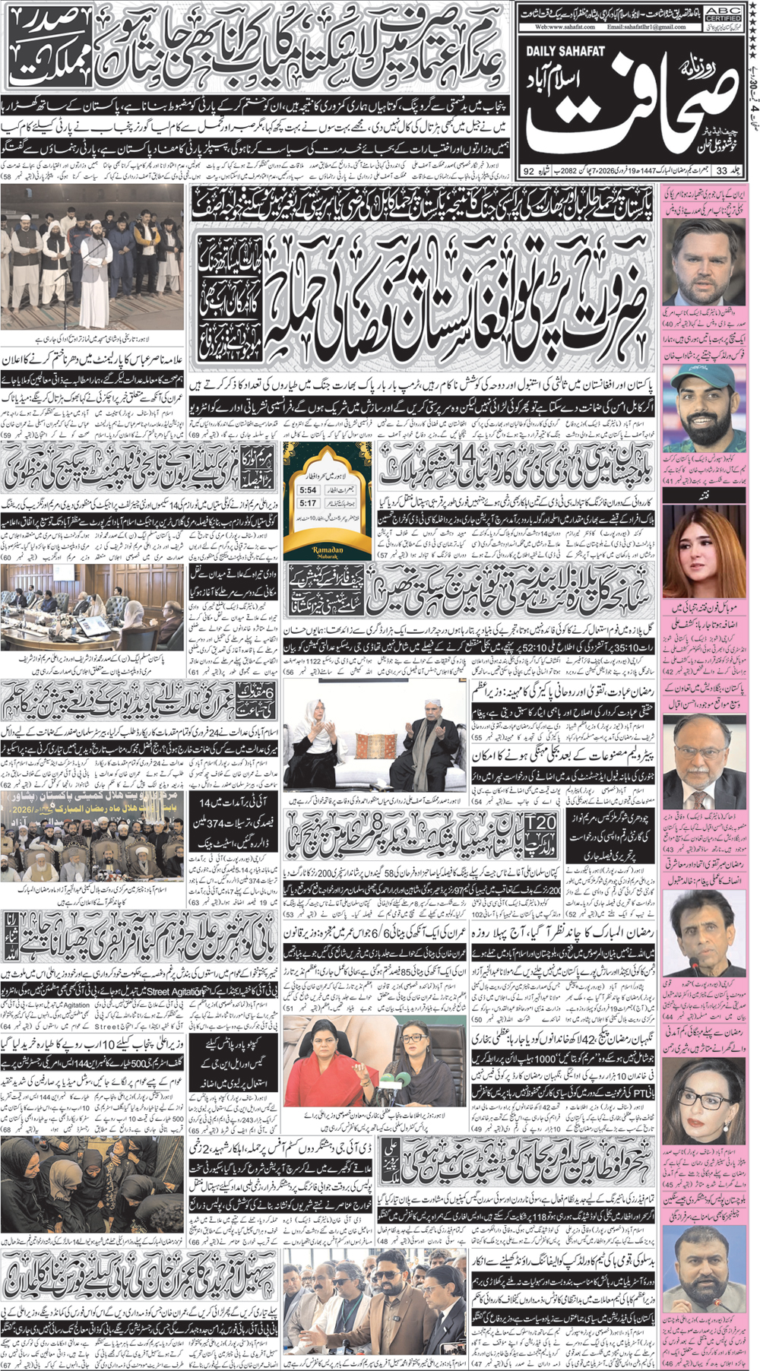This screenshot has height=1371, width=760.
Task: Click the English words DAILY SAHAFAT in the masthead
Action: [565, 51]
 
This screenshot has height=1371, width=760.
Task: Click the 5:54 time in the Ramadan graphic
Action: [308, 490]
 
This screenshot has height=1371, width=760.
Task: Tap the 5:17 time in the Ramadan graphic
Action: [308, 503]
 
